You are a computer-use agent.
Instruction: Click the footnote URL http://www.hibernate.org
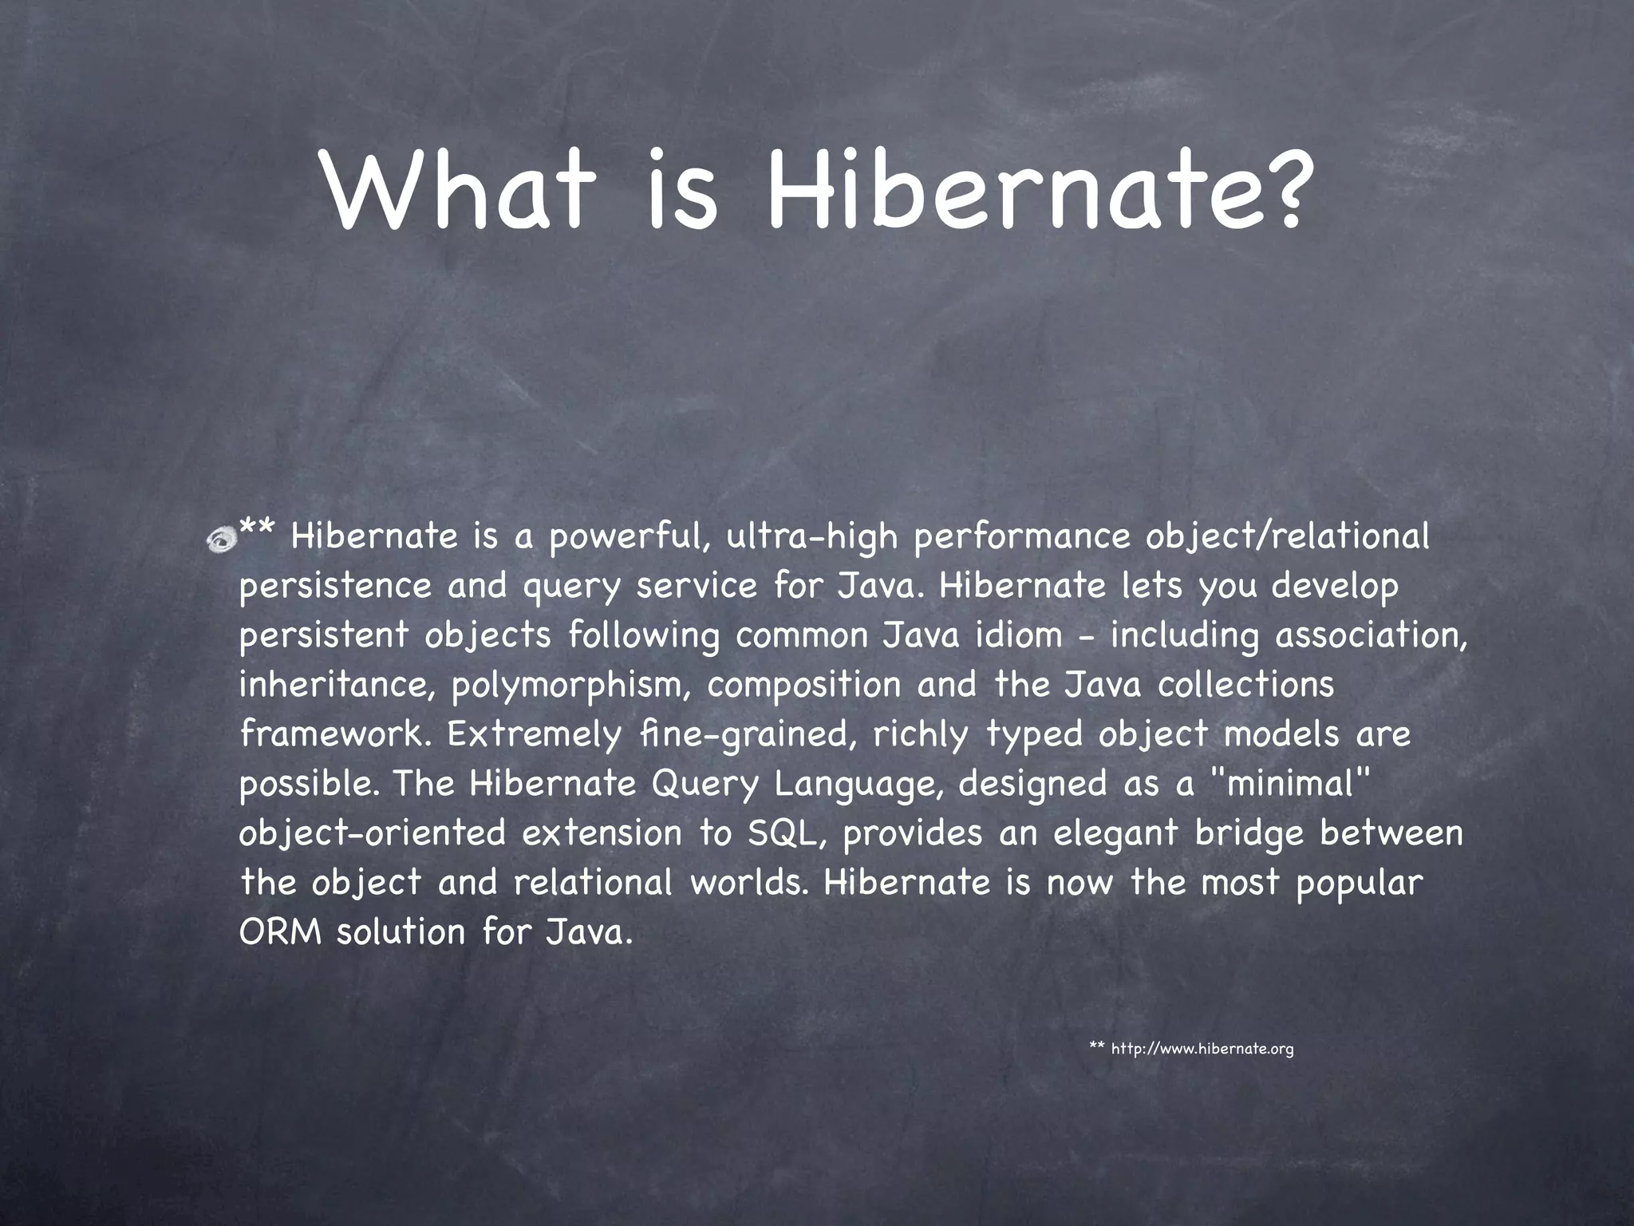tap(1202, 1048)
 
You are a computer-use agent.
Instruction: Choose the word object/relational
tap(1287, 537)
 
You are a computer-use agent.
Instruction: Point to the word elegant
tap(1115, 833)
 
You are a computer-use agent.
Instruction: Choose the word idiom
tap(1018, 636)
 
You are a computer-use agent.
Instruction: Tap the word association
tap(1370, 636)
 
